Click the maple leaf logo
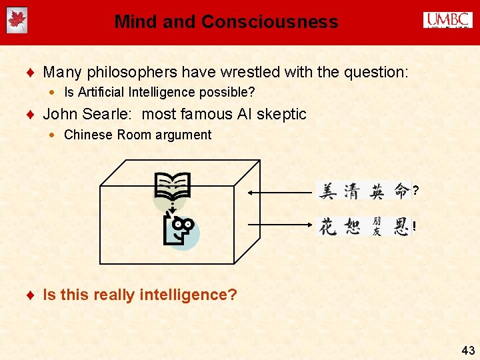(x=17, y=21)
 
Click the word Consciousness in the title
(x=270, y=22)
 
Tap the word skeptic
(x=283, y=115)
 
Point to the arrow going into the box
(x=280, y=192)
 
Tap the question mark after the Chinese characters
(x=416, y=192)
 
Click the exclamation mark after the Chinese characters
(x=415, y=227)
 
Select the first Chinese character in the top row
(x=328, y=191)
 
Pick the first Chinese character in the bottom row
(x=328, y=227)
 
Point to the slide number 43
(x=467, y=349)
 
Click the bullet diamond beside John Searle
(x=33, y=115)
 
